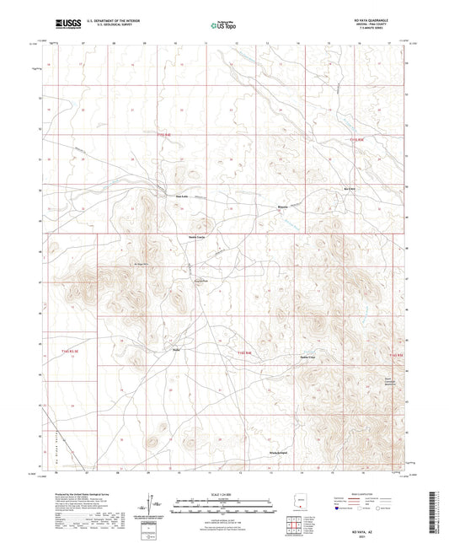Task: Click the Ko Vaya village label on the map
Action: [x=351, y=189]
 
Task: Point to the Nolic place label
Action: [x=177, y=348]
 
